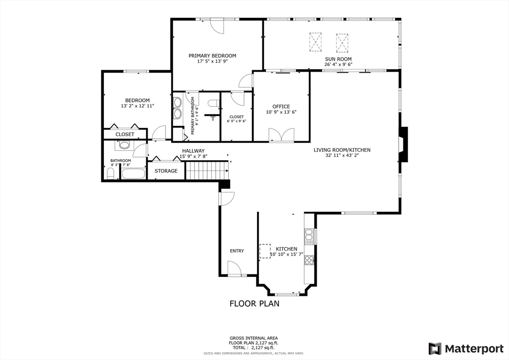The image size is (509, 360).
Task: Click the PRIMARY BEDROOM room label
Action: (x=212, y=56)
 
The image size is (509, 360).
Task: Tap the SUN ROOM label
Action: (x=338, y=59)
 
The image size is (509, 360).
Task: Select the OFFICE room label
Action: (x=281, y=106)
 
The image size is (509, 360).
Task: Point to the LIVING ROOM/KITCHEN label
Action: (x=342, y=150)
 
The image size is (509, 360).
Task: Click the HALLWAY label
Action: (x=193, y=151)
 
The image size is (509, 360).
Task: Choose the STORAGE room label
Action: (x=166, y=171)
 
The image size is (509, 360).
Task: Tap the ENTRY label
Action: (x=237, y=251)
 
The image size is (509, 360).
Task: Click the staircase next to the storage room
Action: (x=207, y=170)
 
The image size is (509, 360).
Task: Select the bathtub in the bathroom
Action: (x=133, y=173)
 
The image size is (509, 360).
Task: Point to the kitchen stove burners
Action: (x=309, y=260)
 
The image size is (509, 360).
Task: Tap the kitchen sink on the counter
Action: (x=308, y=236)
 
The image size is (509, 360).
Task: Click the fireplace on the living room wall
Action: (x=403, y=145)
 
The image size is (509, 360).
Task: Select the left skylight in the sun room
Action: (x=316, y=42)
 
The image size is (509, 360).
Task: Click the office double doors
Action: (x=281, y=135)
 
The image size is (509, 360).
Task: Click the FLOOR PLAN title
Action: (x=254, y=303)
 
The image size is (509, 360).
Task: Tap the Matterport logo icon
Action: (x=434, y=349)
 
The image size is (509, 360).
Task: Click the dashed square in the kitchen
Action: (x=265, y=251)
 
